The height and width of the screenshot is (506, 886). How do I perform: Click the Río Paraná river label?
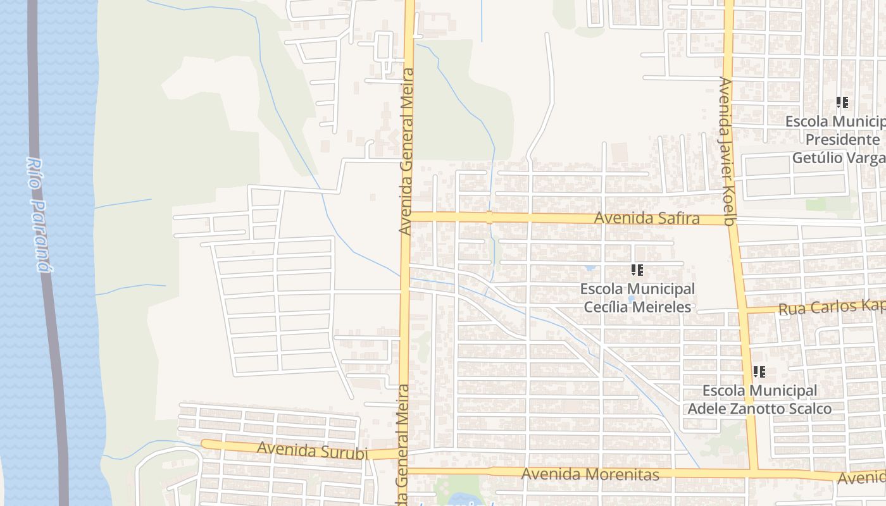point(38,215)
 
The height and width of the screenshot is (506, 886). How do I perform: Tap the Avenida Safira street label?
point(646,219)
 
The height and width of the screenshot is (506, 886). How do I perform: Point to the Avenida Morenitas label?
point(590,474)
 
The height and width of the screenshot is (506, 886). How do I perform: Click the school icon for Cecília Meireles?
point(637,271)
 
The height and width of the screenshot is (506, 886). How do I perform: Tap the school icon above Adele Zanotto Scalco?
point(759,372)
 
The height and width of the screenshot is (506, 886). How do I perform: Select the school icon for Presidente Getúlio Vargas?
point(842,102)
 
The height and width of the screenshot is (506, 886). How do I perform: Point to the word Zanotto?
point(753,409)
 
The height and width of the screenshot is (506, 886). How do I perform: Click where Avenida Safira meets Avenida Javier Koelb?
point(732,220)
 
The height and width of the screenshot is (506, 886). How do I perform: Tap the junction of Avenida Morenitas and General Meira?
point(405,470)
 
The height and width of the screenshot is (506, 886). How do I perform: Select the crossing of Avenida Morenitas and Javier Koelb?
point(754,472)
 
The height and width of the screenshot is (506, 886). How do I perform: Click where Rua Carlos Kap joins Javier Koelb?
point(744,311)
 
